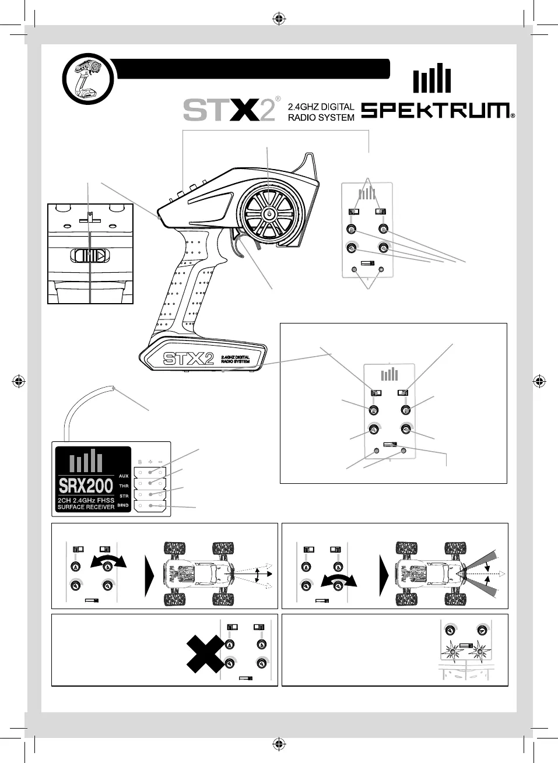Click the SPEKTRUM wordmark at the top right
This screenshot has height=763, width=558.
point(437,110)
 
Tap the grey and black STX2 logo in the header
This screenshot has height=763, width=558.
point(229,110)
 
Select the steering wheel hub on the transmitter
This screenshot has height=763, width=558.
point(269,215)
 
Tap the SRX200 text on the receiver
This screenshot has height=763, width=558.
point(86,486)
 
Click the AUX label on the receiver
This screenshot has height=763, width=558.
point(124,476)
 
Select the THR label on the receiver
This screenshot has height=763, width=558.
point(124,486)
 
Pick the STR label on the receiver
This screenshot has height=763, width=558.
point(124,496)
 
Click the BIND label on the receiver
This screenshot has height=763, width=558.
point(123,505)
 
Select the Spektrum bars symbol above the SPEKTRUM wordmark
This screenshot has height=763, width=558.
point(431,79)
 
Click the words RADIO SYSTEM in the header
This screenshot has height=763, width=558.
point(321,117)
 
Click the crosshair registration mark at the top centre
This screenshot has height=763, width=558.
point(279,19)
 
